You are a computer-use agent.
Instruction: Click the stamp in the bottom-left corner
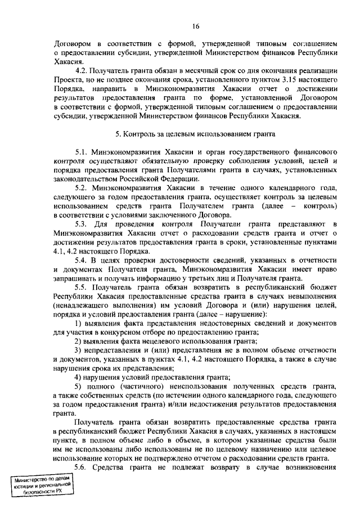[44, 485]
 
